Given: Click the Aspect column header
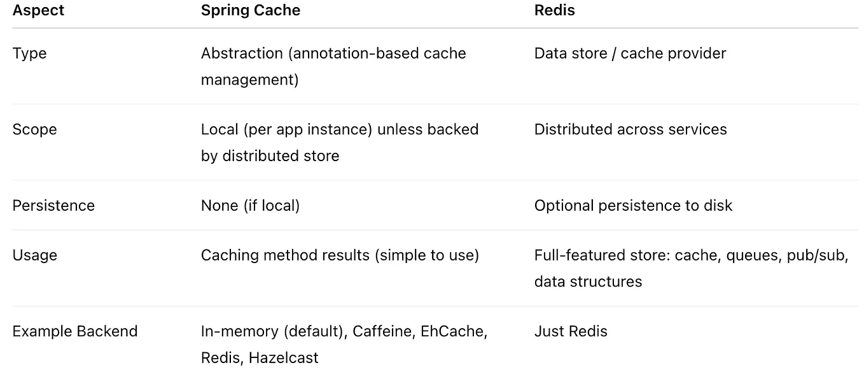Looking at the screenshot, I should (x=38, y=11).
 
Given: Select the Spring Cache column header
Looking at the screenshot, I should (x=251, y=11).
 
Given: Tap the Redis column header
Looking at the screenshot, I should (x=554, y=11).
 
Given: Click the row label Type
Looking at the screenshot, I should (x=29, y=54).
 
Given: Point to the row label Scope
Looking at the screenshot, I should (x=34, y=129).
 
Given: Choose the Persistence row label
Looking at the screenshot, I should (x=53, y=206).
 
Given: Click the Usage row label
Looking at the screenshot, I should (x=34, y=255).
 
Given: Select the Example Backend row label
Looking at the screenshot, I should (x=74, y=332).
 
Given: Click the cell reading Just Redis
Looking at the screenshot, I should (x=571, y=332).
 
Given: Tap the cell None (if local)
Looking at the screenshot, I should (x=250, y=206).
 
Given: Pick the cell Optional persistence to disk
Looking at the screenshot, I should (x=633, y=206).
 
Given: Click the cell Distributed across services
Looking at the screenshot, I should (x=630, y=129).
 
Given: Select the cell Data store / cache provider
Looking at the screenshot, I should (x=630, y=54).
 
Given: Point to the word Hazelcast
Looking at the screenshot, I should (x=283, y=358).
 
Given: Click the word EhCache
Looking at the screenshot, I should (x=454, y=332).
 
